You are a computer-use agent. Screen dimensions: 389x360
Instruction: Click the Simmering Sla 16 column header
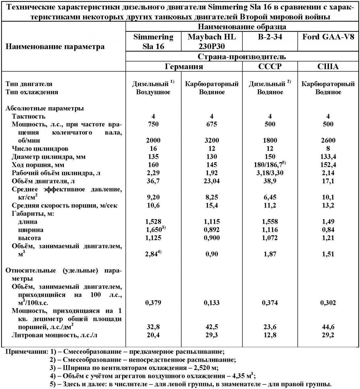tap(153, 42)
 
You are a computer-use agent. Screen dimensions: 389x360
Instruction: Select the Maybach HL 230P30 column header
tap(212, 42)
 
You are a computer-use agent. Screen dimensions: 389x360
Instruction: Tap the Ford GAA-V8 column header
tap(328, 37)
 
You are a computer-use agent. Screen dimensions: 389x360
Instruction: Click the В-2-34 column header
tap(270, 37)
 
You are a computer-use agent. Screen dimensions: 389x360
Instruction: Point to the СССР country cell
tap(270, 66)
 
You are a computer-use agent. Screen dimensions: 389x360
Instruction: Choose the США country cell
tap(328, 66)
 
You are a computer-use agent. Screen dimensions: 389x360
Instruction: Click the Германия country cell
tap(184, 66)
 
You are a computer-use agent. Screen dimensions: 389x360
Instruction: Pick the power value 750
tap(153, 124)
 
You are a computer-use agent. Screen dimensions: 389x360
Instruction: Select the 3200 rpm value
tap(212, 140)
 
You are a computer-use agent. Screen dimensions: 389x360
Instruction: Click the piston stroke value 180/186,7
tap(270, 165)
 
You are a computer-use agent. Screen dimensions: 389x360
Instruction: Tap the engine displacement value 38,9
tap(270, 181)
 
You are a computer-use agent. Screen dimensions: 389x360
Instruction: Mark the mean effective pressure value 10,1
tap(328, 197)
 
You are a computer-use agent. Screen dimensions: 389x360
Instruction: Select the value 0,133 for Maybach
tap(212, 303)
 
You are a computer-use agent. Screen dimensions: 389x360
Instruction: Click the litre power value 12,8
tap(270, 335)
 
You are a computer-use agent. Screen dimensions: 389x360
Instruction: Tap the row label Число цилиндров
tap(40, 148)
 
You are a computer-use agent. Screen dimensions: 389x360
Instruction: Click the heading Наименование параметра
tap(55, 47)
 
